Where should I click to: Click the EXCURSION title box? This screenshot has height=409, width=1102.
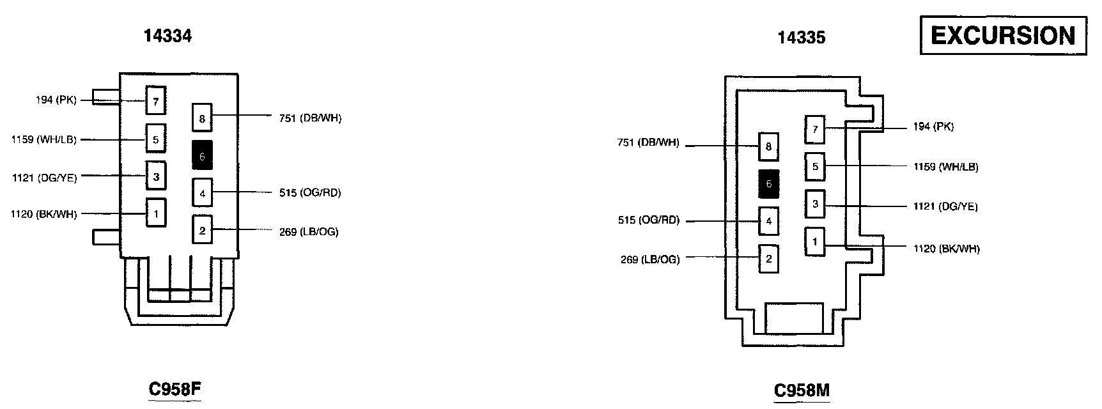tap(1003, 36)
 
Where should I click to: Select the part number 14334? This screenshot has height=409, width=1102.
tap(167, 36)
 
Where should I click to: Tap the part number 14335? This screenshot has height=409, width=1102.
tap(801, 38)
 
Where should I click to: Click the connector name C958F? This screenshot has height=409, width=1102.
tap(175, 389)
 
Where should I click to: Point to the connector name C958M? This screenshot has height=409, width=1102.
tap(802, 390)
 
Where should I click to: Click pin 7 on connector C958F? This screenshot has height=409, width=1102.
tap(155, 100)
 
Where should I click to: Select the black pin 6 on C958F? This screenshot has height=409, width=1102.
tap(202, 155)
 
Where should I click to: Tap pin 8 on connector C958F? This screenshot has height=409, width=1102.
tap(202, 118)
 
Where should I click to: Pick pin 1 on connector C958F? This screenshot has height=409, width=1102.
tap(155, 213)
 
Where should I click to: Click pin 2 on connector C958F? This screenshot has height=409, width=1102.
tap(202, 231)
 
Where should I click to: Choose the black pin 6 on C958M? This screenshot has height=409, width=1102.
tap(768, 184)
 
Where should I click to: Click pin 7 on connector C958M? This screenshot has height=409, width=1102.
tap(815, 130)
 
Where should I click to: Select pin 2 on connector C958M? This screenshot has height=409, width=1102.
tap(768, 259)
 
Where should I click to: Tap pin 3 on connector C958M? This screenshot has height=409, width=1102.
tap(815, 204)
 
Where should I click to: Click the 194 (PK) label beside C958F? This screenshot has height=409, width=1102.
tap(56, 100)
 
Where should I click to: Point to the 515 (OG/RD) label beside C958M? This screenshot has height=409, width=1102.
tap(649, 220)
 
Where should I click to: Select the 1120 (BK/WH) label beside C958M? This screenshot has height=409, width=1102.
tap(946, 249)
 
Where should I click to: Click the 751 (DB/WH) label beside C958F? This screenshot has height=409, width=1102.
tap(310, 118)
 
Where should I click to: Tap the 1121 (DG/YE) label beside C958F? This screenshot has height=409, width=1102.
tap(44, 178)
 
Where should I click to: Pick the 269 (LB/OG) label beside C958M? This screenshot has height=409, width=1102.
tap(650, 259)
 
